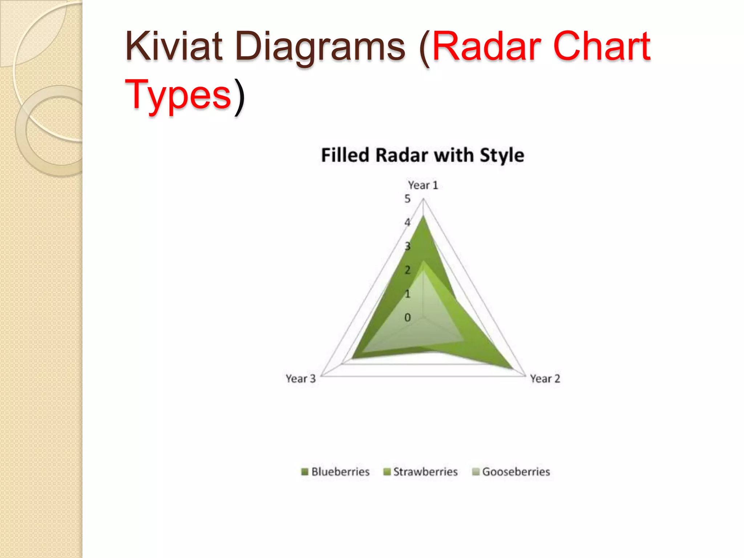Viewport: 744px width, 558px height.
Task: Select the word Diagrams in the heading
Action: tap(320, 47)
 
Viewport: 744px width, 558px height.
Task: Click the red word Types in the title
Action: tap(178, 95)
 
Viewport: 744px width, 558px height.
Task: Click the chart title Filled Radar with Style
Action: tap(422, 155)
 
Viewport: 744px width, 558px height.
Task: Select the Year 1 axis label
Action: tap(423, 185)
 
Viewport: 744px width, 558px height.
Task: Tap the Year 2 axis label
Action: tap(545, 379)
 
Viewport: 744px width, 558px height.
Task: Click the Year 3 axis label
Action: tap(301, 379)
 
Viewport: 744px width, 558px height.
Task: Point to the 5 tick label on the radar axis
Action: tap(408, 199)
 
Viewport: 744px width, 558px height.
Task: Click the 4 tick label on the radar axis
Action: tap(408, 222)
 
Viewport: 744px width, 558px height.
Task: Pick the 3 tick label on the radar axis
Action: tap(408, 246)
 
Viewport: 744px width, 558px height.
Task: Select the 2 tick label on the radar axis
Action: tap(408, 270)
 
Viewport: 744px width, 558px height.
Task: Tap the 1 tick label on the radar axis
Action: tap(408, 294)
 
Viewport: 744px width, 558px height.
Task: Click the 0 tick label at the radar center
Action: tap(408, 318)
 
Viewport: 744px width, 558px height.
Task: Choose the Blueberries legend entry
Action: tap(336, 472)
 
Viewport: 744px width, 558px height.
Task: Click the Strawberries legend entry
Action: tap(421, 472)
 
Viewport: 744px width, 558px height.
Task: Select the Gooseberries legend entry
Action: tap(511, 472)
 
